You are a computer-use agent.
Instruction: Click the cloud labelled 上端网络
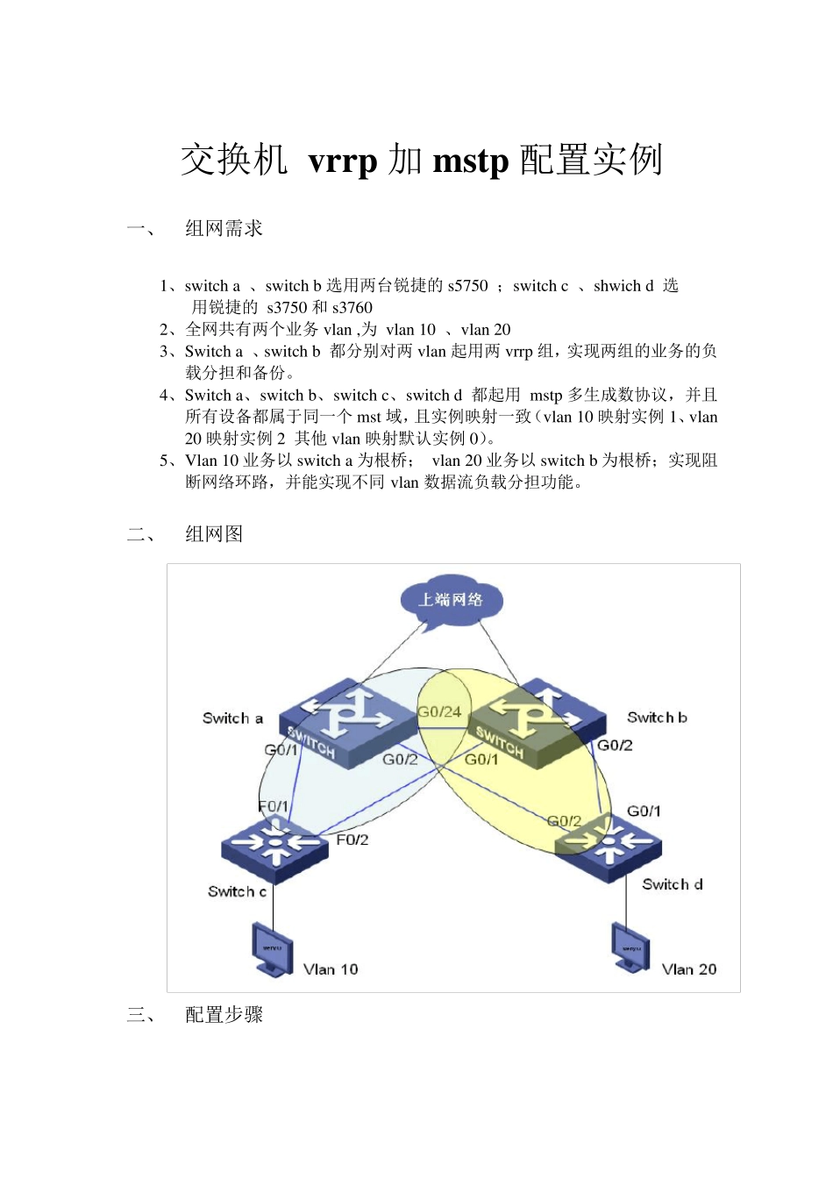click(x=450, y=601)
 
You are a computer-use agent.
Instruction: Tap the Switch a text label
click(x=232, y=718)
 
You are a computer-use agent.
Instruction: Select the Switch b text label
click(x=657, y=718)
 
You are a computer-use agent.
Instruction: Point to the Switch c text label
click(x=237, y=891)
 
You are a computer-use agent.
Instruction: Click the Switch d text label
click(x=672, y=884)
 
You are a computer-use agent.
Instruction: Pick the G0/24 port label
click(x=439, y=711)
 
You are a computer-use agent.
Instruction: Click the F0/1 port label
click(x=273, y=806)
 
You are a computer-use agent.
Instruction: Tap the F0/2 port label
click(x=352, y=840)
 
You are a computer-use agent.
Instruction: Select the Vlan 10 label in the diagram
click(x=331, y=969)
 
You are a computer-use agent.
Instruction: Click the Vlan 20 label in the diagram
click(x=689, y=969)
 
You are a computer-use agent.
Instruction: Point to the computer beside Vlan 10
click(x=272, y=949)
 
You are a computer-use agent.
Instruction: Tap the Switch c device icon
click(x=274, y=848)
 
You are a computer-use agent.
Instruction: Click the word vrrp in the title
click(x=343, y=161)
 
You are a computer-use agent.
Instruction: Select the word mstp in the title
click(x=471, y=161)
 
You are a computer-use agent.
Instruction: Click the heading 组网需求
click(x=224, y=229)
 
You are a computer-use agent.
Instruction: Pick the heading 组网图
click(x=214, y=534)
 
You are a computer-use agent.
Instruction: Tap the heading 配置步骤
click(x=224, y=1015)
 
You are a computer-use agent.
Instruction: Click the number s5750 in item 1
click(x=467, y=286)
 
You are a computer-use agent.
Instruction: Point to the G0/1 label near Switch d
click(x=644, y=811)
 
